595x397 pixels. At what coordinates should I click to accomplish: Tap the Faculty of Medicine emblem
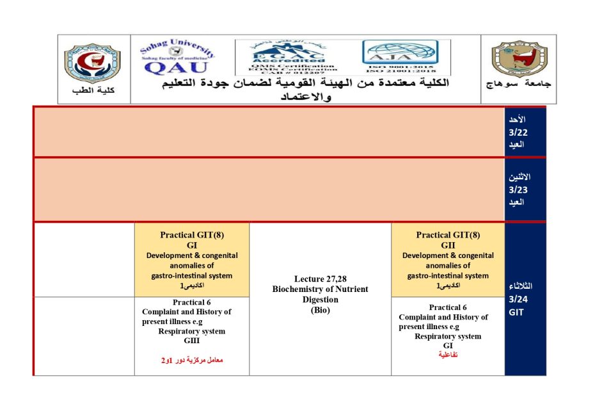pyautogui.click(x=93, y=62)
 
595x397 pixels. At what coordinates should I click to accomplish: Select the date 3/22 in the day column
pyautogui.click(x=518, y=132)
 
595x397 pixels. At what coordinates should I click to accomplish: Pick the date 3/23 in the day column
pyautogui.click(x=518, y=190)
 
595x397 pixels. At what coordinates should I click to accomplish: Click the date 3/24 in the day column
pyautogui.click(x=518, y=299)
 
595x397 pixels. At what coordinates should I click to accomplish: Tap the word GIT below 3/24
pyautogui.click(x=516, y=312)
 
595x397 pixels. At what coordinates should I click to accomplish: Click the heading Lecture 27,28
pyautogui.click(x=320, y=279)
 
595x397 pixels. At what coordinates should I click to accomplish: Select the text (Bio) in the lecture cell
pyautogui.click(x=320, y=310)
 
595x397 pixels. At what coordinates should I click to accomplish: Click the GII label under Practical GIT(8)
pyautogui.click(x=448, y=245)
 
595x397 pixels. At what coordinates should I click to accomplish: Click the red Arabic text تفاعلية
pyautogui.click(x=448, y=354)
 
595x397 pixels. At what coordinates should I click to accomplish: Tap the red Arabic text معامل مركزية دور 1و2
pyautogui.click(x=192, y=361)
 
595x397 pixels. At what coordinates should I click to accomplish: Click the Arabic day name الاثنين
pyautogui.click(x=519, y=177)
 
